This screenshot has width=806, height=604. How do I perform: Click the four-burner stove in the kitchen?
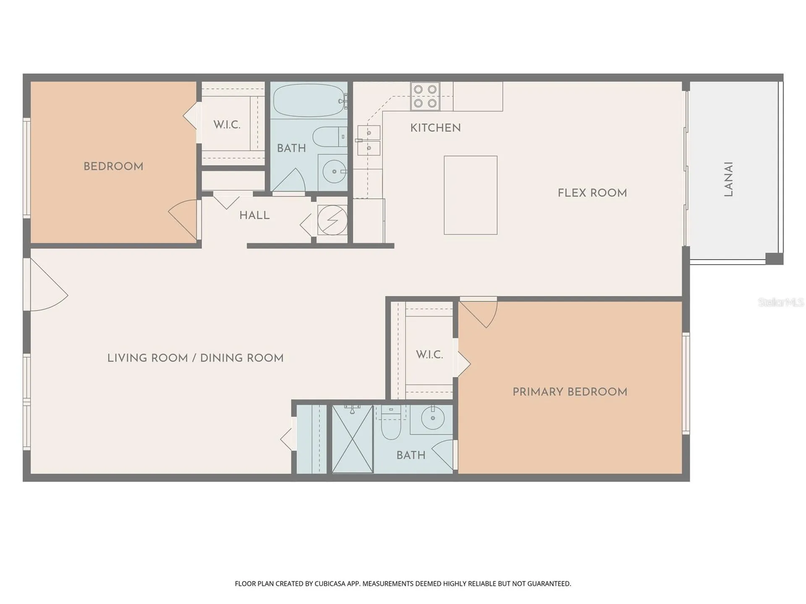tap(425, 96)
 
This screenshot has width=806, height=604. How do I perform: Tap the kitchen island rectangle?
tap(471, 195)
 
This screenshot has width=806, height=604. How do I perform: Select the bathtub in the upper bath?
tap(309, 101)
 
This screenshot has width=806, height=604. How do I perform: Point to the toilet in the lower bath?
tap(391, 422)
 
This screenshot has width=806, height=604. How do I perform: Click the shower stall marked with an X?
tap(353, 439)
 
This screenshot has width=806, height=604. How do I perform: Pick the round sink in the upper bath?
tap(334, 172)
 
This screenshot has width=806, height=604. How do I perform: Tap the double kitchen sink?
tap(369, 141)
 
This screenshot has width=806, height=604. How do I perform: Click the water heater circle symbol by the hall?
tap(332, 220)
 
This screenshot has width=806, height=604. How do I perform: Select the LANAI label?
tap(729, 180)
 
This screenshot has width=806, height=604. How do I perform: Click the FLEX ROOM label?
tap(592, 193)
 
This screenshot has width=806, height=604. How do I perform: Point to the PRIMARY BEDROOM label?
tap(570, 392)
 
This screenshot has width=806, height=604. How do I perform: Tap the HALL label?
tap(254, 216)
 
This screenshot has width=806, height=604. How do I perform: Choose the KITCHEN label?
tap(435, 128)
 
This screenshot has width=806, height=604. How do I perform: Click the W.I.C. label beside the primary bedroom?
tap(429, 355)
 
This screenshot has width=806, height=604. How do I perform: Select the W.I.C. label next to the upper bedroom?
tap(227, 125)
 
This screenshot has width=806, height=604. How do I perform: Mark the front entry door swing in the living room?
tap(47, 285)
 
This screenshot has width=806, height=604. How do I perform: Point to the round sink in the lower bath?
tap(433, 418)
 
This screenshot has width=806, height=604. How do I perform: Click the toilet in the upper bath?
tap(330, 137)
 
